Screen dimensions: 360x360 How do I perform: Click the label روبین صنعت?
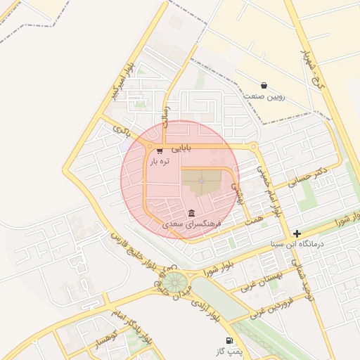point(264,95)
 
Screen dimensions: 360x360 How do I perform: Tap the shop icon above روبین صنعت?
point(264,85)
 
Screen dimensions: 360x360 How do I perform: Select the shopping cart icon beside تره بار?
point(160,150)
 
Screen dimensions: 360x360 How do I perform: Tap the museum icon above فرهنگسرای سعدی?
point(192,213)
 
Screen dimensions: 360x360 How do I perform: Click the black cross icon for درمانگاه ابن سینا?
point(297,233)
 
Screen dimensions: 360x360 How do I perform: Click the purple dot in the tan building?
point(201,181)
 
